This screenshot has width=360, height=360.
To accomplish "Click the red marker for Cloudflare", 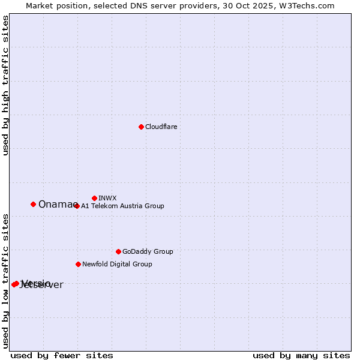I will tap(141, 127).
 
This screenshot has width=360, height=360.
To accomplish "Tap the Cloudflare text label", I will tap(161, 127).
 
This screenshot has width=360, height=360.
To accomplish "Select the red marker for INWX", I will tap(94, 198).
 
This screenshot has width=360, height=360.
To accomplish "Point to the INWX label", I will tap(107, 198).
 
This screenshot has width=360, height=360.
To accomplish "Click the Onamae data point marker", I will tap(33, 204).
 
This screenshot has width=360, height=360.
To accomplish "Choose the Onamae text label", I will tap(56, 205).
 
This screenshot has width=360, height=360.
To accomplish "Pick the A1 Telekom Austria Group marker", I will tap(76, 206).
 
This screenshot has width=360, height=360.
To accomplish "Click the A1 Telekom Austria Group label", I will tap(122, 206).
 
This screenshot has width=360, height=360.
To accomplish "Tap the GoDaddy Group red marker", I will tap(118, 251).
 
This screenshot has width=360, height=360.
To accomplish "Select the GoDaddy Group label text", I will tap(148, 251).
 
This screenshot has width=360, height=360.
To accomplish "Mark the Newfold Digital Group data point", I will tap(78, 264).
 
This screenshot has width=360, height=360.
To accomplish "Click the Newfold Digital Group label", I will tap(117, 264).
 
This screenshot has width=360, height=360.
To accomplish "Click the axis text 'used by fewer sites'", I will tap(62, 355).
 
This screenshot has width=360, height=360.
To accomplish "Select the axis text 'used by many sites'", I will tap(301, 355).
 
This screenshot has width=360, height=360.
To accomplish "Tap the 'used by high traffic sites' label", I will tap(5, 86).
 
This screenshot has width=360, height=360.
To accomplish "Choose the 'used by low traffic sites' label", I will tap(5, 280).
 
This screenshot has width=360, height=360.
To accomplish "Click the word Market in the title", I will tap(39, 5).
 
